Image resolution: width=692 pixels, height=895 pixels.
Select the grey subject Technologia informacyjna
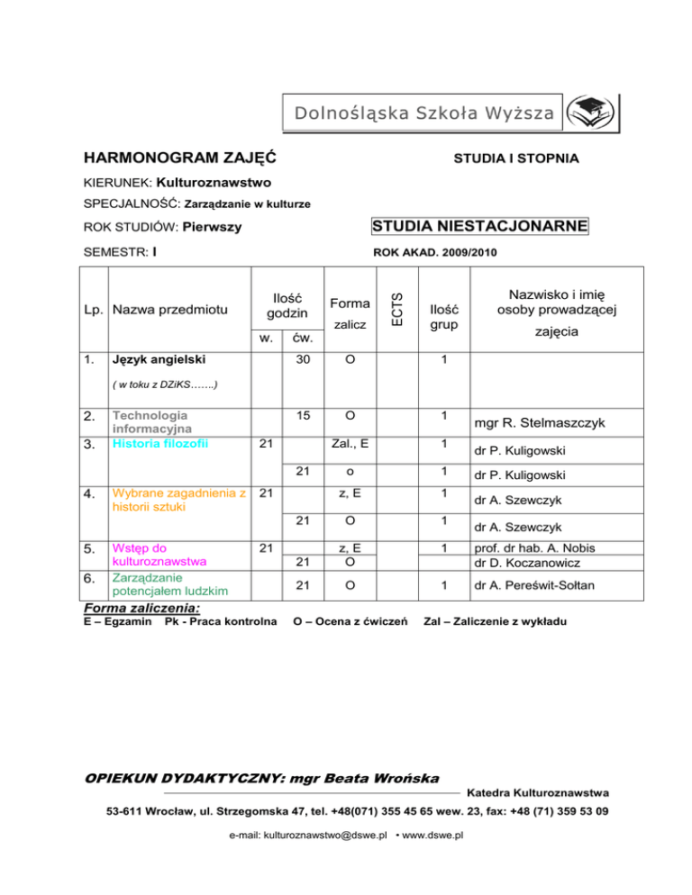pyautogui.click(x=150, y=422)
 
